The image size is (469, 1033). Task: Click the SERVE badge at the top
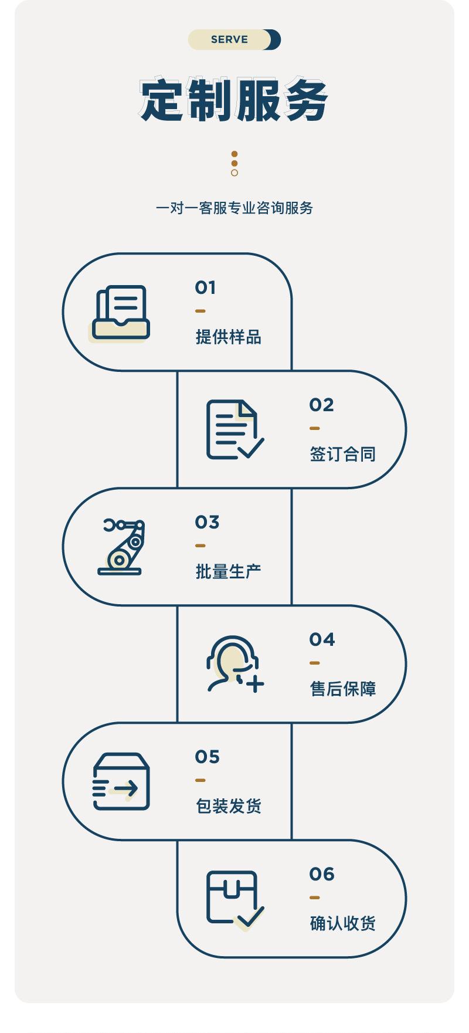point(234,40)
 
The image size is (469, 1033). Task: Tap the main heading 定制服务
point(234,100)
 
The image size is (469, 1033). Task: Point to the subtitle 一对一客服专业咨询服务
point(234,208)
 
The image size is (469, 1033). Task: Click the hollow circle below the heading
point(235,173)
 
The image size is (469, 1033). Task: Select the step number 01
point(205,287)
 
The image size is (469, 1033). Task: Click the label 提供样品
point(228,337)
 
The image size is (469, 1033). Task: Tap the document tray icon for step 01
point(121,313)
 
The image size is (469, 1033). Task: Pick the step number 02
point(321,405)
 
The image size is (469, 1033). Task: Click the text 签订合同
point(342,455)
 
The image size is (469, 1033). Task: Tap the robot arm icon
point(121,547)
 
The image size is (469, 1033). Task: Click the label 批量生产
point(228,572)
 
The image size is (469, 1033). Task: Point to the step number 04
point(322,639)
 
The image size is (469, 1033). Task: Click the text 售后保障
point(342,689)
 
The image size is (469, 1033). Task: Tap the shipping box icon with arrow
point(121,781)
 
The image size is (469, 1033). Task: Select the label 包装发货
point(228,807)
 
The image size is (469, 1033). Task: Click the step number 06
point(322,874)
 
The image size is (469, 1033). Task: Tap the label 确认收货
point(342,924)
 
